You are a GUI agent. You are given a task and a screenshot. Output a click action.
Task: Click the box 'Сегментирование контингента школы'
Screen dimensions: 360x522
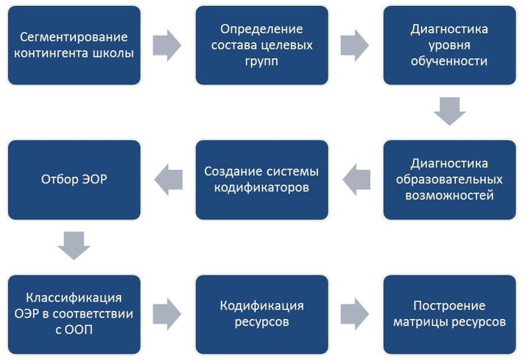click(x=74, y=45)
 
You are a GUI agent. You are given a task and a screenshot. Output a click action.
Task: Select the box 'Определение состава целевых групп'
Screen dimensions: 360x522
click(x=262, y=45)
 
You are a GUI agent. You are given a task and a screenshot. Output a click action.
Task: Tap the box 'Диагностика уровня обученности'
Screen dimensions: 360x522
click(x=449, y=45)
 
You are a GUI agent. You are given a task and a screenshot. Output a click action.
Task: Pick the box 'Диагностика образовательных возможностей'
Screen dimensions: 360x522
click(x=449, y=179)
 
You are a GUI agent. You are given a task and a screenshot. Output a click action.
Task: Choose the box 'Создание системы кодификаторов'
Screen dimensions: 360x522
click(x=262, y=179)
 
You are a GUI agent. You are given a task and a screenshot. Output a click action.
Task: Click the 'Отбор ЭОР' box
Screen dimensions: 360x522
click(x=74, y=179)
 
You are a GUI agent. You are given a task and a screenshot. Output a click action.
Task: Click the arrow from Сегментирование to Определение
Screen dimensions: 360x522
click(x=167, y=45)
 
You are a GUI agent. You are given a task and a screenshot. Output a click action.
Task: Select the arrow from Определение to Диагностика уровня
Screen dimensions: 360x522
click(x=355, y=45)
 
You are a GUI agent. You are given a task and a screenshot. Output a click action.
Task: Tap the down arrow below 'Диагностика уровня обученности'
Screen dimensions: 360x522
click(x=449, y=111)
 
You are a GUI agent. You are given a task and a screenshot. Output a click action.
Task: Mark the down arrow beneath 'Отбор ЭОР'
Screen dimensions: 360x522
click(x=74, y=246)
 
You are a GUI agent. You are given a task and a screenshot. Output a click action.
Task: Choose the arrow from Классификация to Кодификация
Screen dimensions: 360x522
click(x=167, y=314)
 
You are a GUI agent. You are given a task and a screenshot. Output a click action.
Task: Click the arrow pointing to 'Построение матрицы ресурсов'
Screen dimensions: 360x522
click(x=355, y=314)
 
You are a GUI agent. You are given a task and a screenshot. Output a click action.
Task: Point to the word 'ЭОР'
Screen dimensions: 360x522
click(x=90, y=179)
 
